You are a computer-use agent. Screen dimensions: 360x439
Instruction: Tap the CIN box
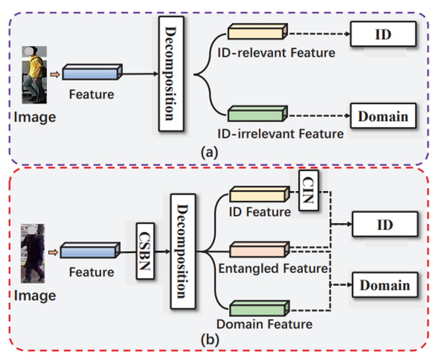coord(308,190)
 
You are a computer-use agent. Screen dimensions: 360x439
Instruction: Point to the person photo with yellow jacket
coord(34,73)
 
